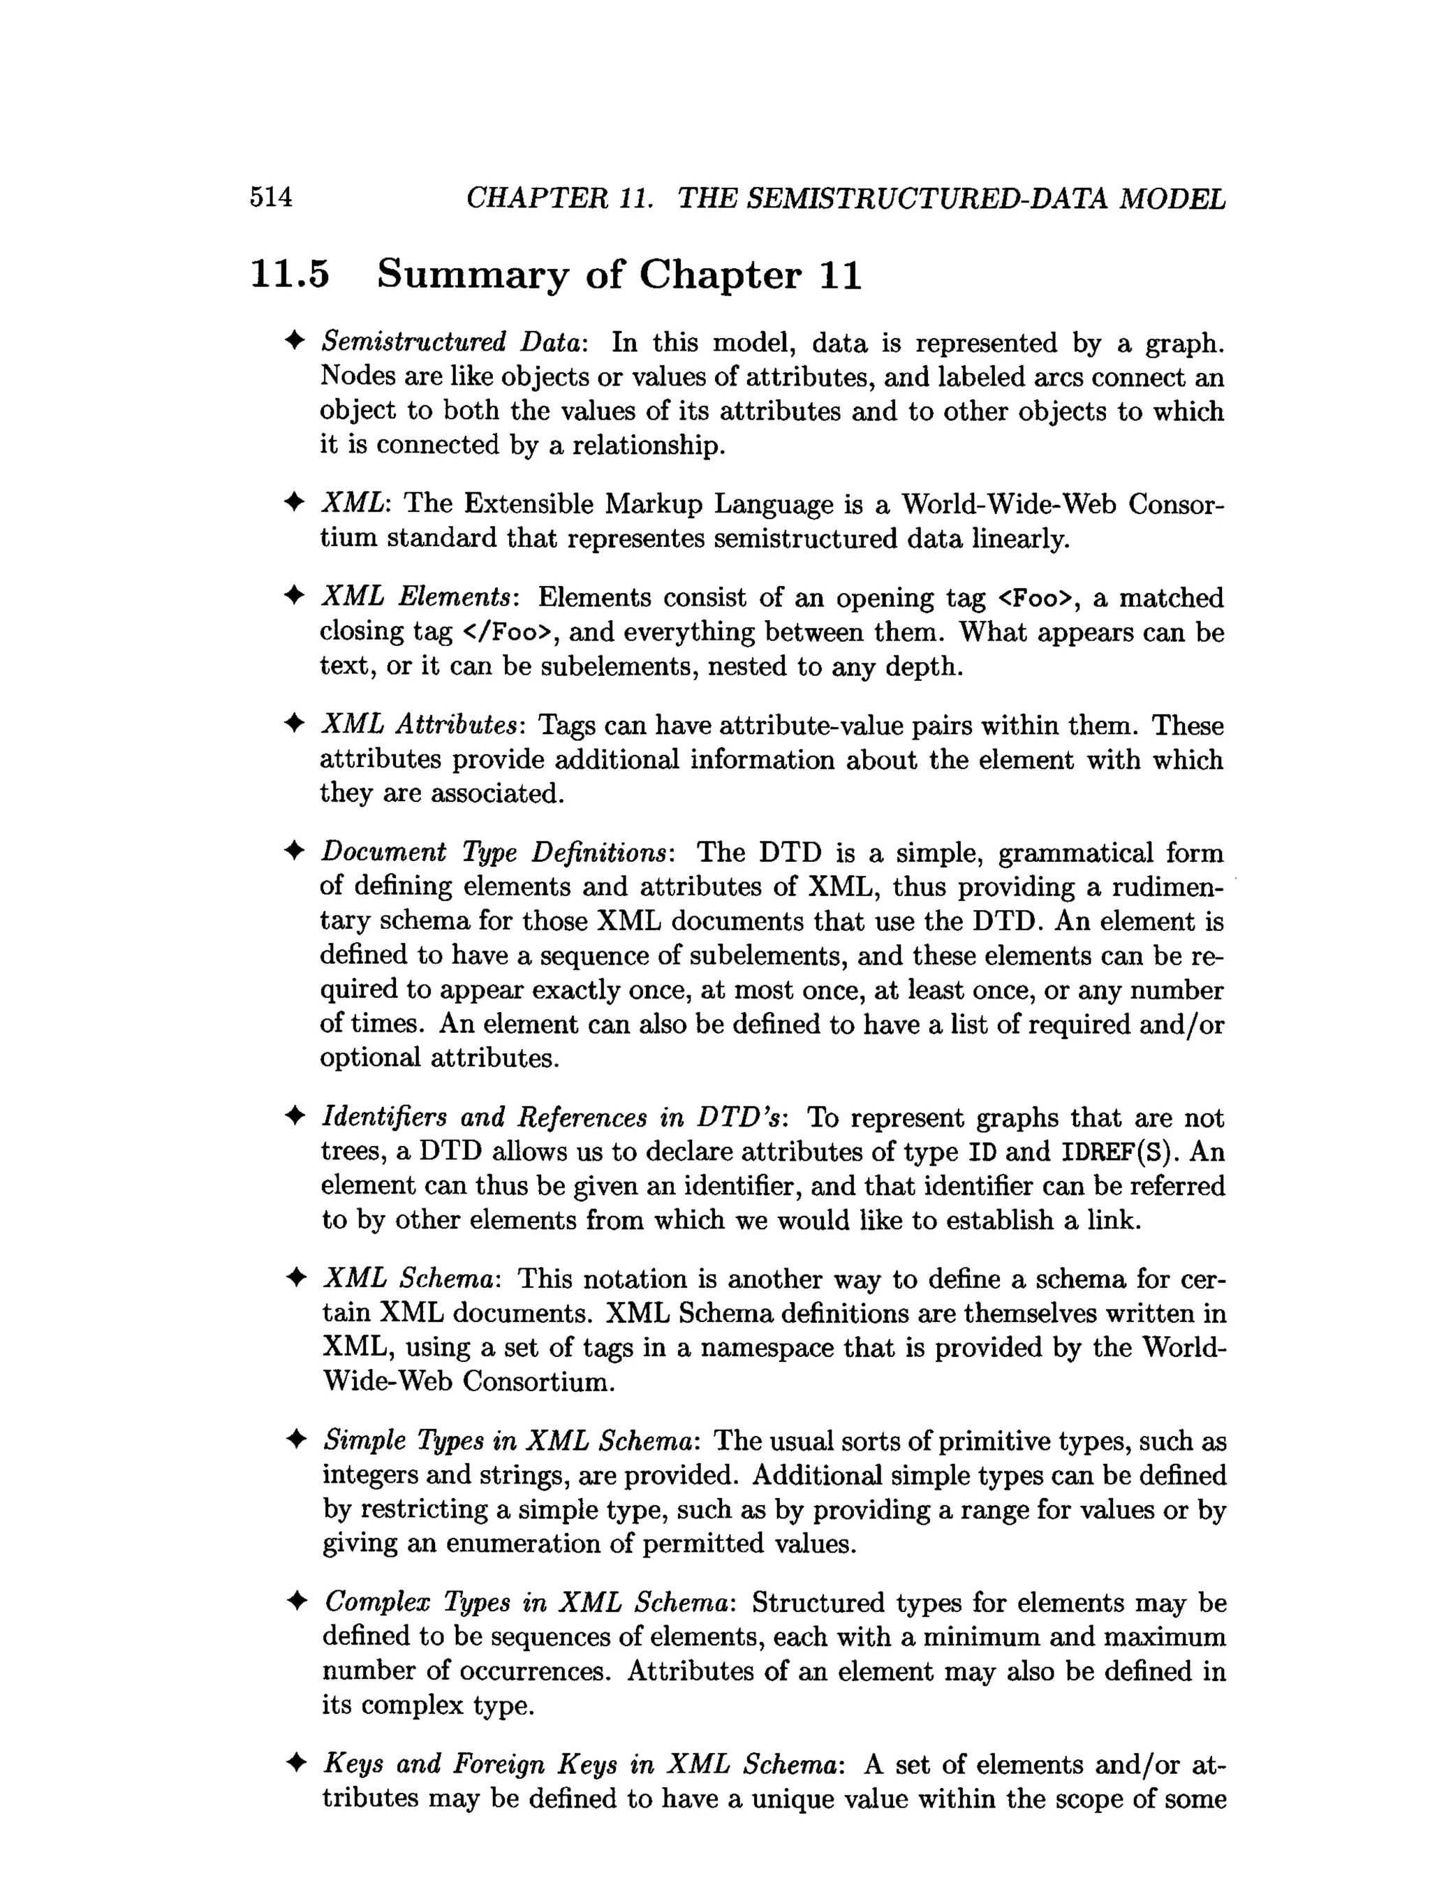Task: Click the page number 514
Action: [270, 198]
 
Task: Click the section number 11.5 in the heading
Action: [289, 274]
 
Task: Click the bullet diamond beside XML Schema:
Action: [295, 1279]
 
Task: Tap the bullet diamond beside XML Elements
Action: [293, 597]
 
